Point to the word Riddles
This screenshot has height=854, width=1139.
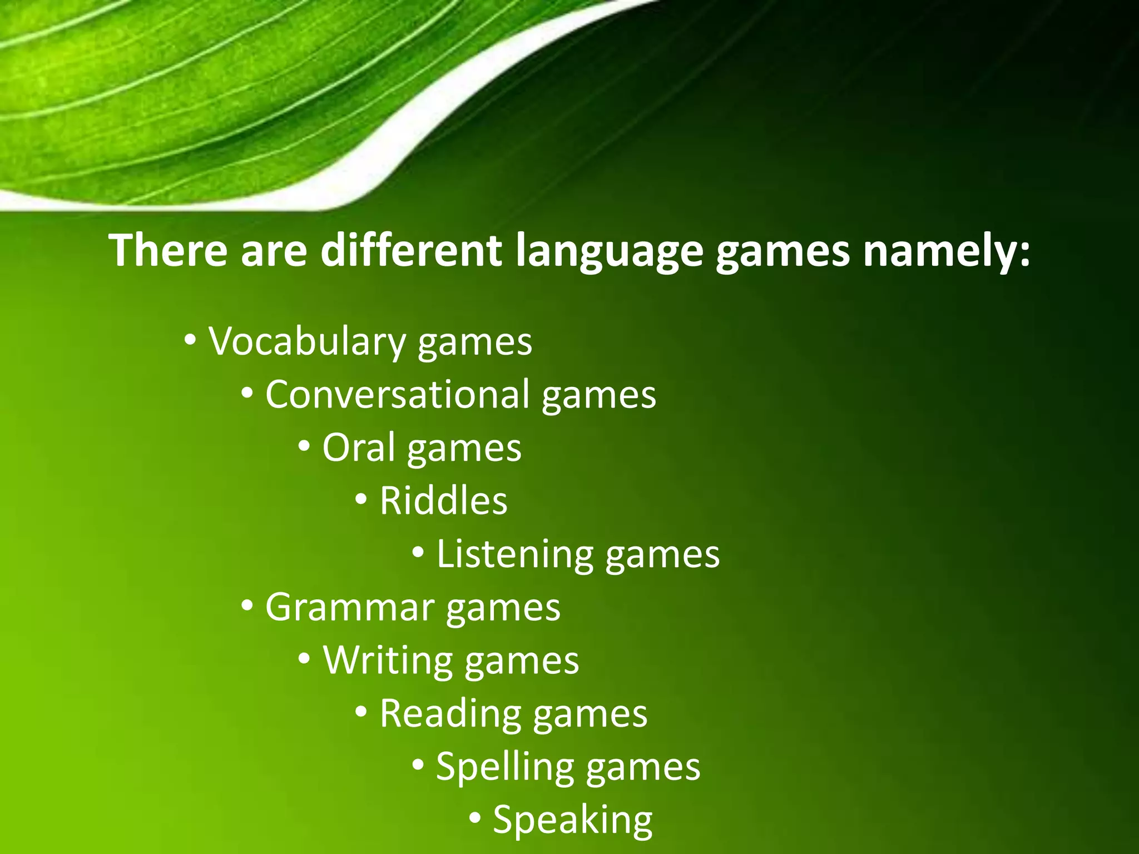[443, 500]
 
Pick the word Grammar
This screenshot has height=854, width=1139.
[350, 607]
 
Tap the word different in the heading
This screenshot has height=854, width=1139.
[412, 250]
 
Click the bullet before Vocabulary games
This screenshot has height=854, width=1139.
[190, 340]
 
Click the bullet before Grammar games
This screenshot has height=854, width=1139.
[247, 605]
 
